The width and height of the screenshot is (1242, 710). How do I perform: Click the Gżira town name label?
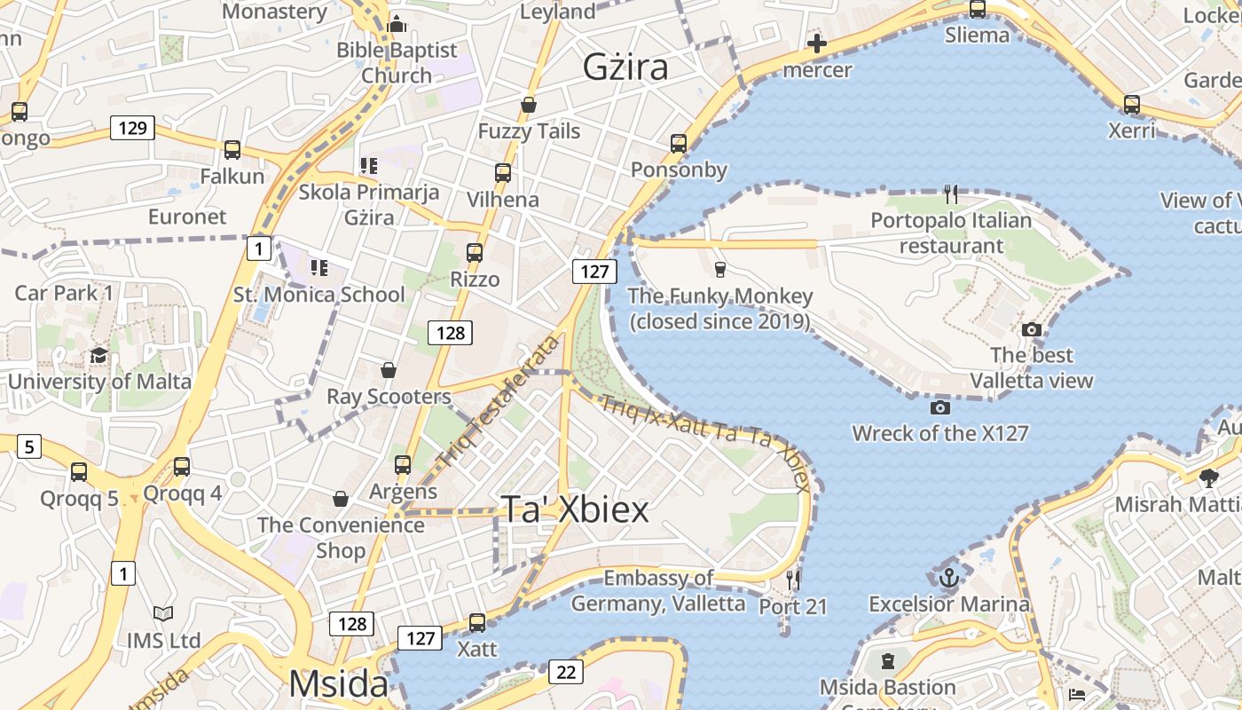pos(625,67)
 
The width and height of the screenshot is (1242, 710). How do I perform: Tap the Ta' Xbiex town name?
pos(576,509)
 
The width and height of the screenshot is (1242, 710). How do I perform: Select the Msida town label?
pos(338,684)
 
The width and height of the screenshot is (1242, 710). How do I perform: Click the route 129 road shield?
pos(132,128)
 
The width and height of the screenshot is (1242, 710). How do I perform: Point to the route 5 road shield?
pos(29,446)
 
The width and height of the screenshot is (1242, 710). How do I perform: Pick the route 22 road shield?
pos(566,672)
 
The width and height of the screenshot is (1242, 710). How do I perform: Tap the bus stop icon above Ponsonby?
pos(679,144)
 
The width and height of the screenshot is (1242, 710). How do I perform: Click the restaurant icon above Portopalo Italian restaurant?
pos(951,194)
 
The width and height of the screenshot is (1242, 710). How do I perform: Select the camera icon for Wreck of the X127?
pos(940,408)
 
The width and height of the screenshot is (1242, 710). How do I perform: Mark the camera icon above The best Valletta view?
pos(1031,330)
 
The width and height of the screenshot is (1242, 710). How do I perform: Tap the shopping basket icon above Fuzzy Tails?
pos(529,106)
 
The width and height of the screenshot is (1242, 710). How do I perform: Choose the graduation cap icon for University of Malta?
pos(98,356)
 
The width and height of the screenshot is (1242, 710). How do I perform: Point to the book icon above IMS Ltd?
pos(163,614)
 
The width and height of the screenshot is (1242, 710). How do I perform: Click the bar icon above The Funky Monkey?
pos(719,270)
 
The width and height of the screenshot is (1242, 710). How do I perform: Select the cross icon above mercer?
pos(817,43)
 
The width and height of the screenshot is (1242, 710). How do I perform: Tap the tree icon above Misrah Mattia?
pos(1208,479)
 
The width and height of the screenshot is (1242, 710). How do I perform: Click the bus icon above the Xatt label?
pos(477,623)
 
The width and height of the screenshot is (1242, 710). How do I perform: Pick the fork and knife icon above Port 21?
pos(793,580)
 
